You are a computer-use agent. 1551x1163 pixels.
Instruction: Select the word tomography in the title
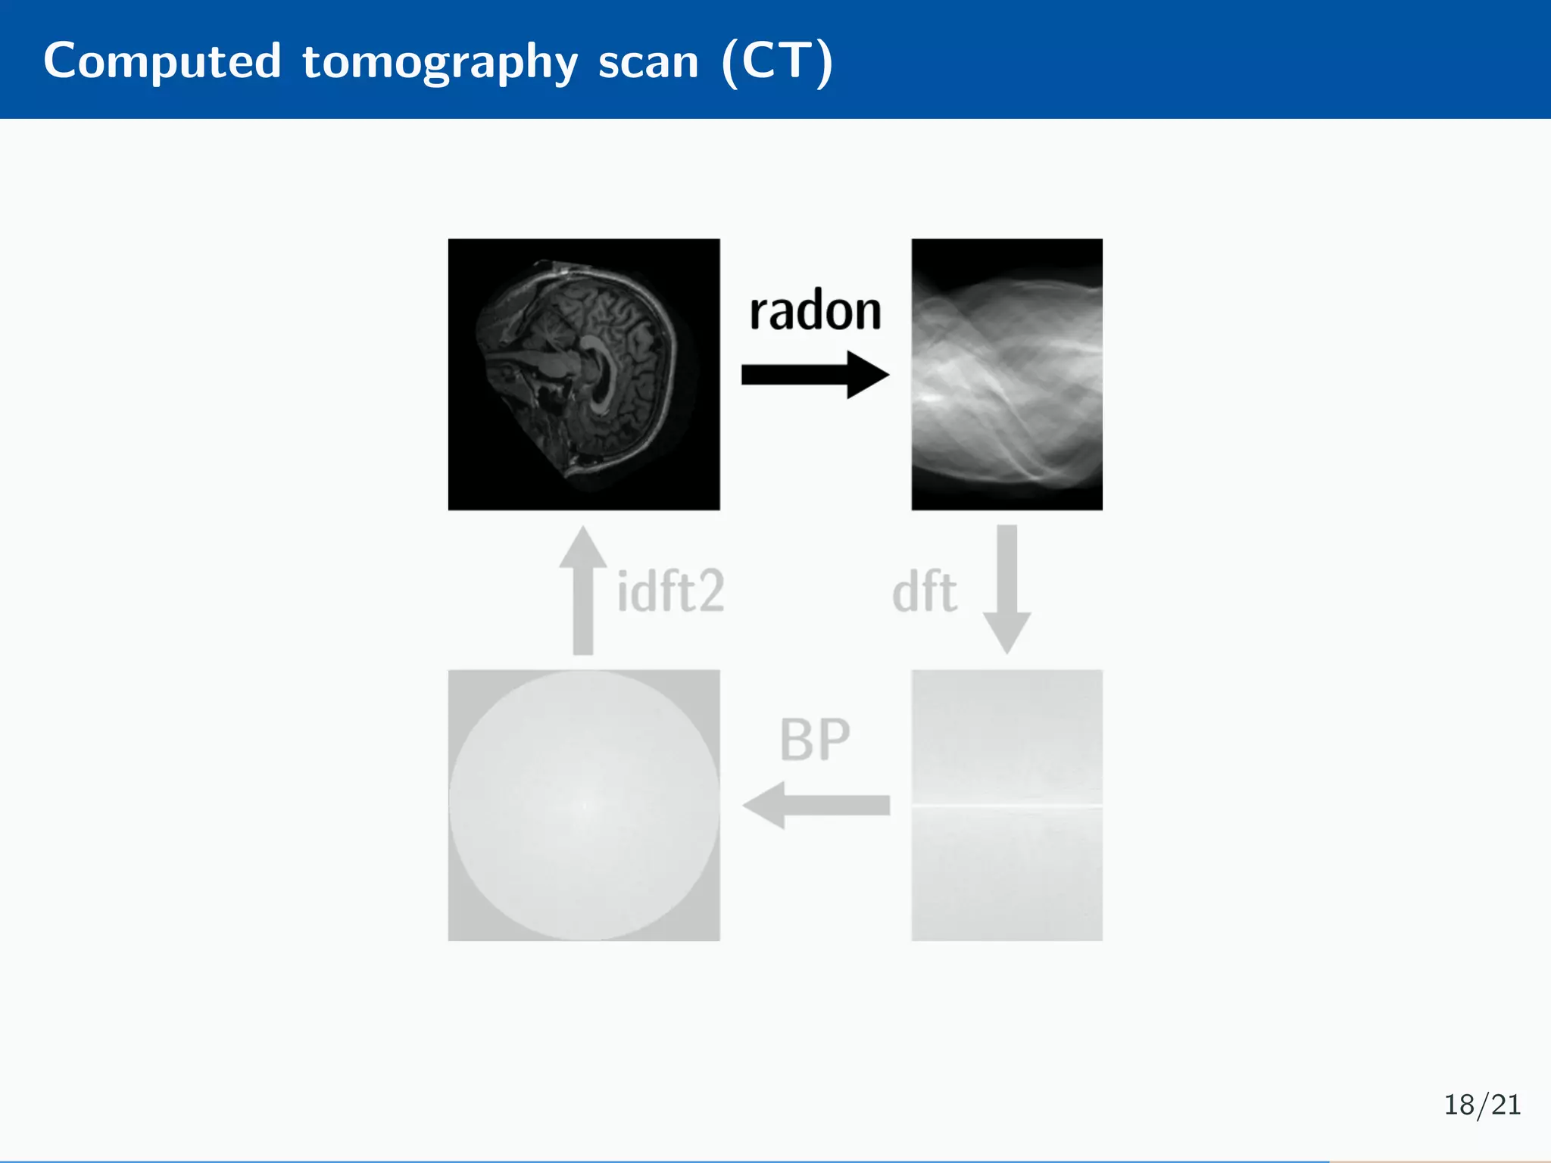(x=440, y=62)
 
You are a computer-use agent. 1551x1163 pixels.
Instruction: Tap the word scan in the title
(x=648, y=62)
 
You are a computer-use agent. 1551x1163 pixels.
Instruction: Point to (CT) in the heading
(x=778, y=62)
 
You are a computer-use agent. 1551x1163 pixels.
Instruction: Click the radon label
(x=815, y=311)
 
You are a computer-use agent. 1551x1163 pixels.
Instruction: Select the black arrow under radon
(x=803, y=374)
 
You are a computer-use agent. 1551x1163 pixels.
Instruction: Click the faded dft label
(x=925, y=592)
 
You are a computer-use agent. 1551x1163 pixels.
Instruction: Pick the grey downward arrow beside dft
(x=1006, y=587)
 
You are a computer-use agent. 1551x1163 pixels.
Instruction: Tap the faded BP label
(x=815, y=740)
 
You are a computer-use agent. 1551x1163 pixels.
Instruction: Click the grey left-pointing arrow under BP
(x=818, y=805)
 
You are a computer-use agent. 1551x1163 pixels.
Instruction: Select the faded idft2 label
(x=670, y=592)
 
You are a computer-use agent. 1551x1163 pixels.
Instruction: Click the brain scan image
(x=583, y=374)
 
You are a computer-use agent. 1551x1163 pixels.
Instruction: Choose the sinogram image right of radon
(x=1006, y=374)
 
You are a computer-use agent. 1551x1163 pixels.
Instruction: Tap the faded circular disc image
(x=583, y=805)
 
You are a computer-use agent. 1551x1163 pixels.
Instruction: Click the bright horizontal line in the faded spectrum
(x=1006, y=804)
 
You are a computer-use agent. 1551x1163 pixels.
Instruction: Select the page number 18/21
(x=1482, y=1105)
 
